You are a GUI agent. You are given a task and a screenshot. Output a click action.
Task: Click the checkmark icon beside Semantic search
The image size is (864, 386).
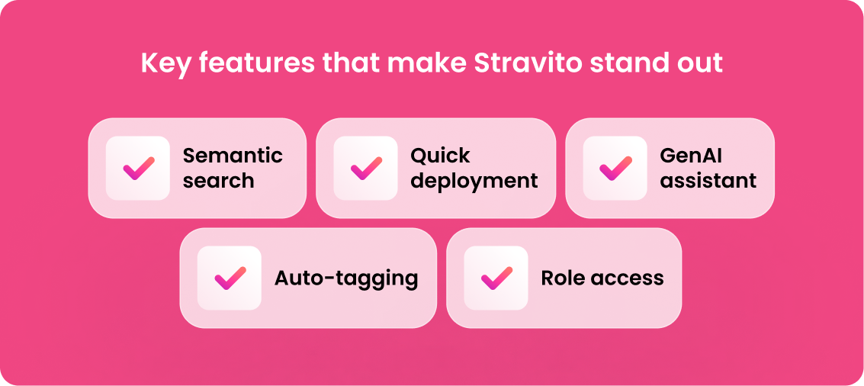(x=138, y=168)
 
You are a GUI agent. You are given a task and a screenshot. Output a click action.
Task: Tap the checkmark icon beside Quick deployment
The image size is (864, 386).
(x=366, y=168)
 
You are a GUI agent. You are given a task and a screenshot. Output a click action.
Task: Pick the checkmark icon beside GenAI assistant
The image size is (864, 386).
(x=615, y=168)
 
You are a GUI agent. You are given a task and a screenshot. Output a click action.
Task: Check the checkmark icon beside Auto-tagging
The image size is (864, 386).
(x=230, y=278)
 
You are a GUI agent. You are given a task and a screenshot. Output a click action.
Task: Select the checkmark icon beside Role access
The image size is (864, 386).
(x=496, y=278)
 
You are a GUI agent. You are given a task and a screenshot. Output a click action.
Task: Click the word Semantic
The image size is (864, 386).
(x=233, y=156)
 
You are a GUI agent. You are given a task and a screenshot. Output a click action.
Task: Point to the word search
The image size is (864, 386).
(x=219, y=180)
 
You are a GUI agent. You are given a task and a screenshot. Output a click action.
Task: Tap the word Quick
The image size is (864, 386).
(x=440, y=156)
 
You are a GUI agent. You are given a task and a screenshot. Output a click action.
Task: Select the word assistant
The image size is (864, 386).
(x=708, y=180)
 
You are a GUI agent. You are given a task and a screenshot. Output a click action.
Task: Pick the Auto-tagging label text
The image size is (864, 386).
(x=346, y=278)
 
